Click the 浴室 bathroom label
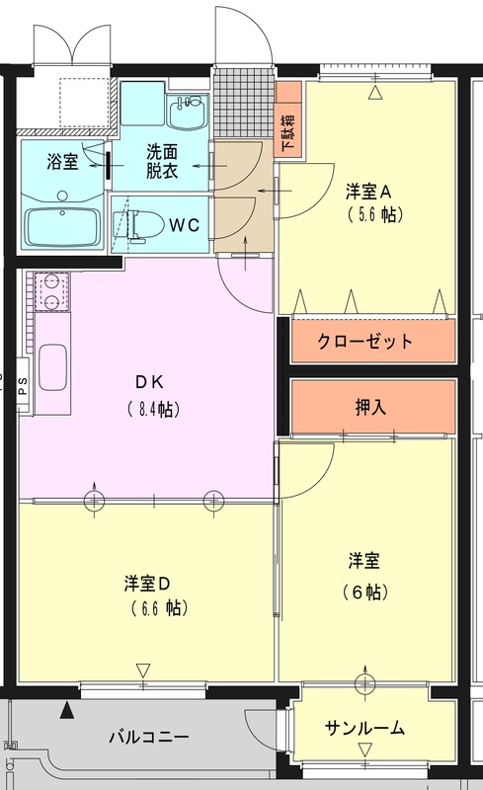[x=63, y=162]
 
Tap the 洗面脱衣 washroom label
[x=162, y=162]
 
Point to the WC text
[x=185, y=225]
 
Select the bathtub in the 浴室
[x=62, y=227]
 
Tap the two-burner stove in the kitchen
[x=51, y=291]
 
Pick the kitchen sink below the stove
[x=53, y=367]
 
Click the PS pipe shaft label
[x=23, y=386]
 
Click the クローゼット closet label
[x=364, y=341]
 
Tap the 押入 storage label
[x=371, y=407]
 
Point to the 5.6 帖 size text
[x=376, y=215]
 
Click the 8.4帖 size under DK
[x=153, y=409]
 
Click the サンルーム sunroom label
[x=364, y=728]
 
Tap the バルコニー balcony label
[x=149, y=737]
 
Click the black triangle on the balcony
[x=65, y=711]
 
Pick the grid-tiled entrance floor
[x=243, y=104]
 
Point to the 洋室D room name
[x=147, y=584]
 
